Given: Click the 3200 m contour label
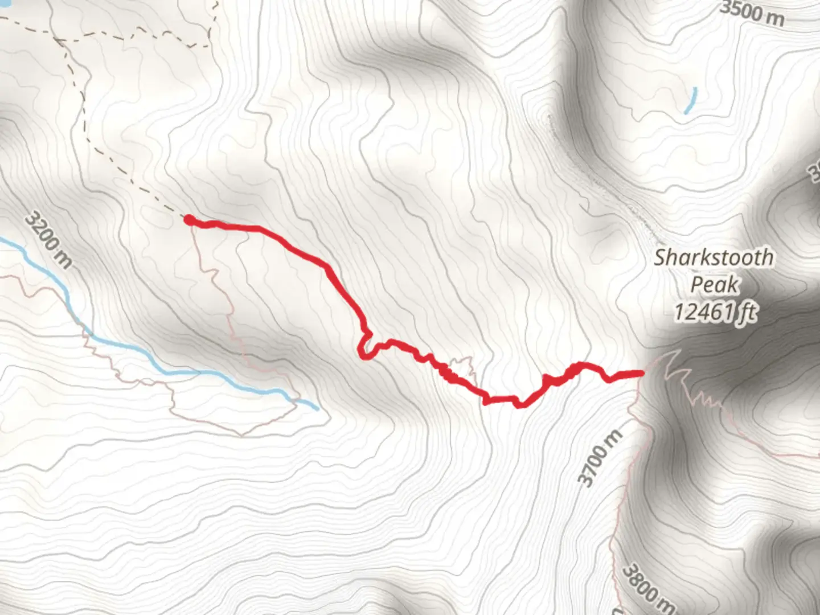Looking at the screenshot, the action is [49, 240].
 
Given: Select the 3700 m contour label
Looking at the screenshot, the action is [600, 458].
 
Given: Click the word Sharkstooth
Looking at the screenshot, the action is [714, 257].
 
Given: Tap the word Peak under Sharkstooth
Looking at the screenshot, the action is [715, 284].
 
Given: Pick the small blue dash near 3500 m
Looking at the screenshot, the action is [690, 100].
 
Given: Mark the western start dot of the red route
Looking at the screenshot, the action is [188, 219].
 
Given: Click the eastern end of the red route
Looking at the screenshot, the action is [641, 373].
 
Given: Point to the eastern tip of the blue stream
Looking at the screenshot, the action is [316, 407].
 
